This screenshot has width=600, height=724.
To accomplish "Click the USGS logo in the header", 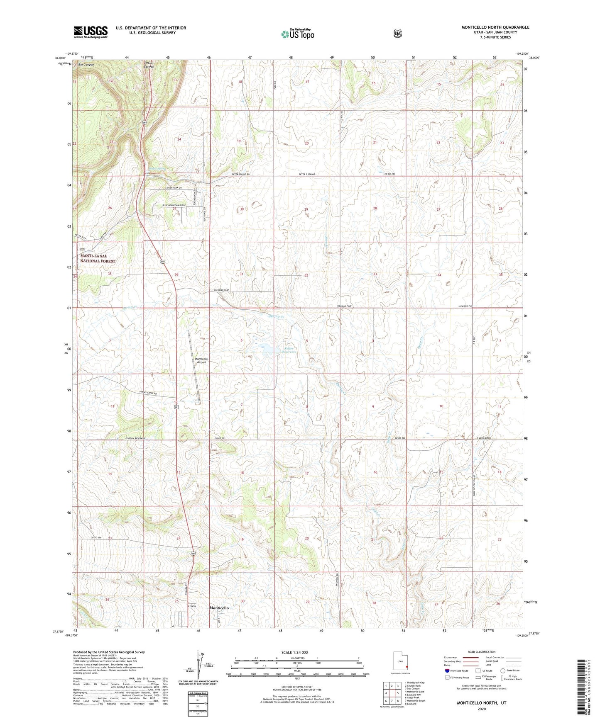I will coord(91,32).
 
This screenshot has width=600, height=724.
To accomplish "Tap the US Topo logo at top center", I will coord(297,34).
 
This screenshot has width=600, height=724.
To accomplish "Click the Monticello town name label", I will coord(219,607).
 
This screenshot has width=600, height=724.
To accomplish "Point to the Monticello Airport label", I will coord(201,360).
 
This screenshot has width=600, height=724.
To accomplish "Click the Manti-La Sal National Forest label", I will coord(98,258).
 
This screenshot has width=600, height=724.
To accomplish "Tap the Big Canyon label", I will coord(86,65).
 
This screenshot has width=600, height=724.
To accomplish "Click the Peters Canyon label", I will coord(149,65).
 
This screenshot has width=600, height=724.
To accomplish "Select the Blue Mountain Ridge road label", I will coord(168,205).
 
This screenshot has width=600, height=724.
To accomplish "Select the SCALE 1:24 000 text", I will coord(294,652).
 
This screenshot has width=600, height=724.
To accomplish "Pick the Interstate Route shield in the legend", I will coord(447,671).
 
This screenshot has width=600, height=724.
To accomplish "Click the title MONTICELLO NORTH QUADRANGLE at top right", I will coord(495,27).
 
